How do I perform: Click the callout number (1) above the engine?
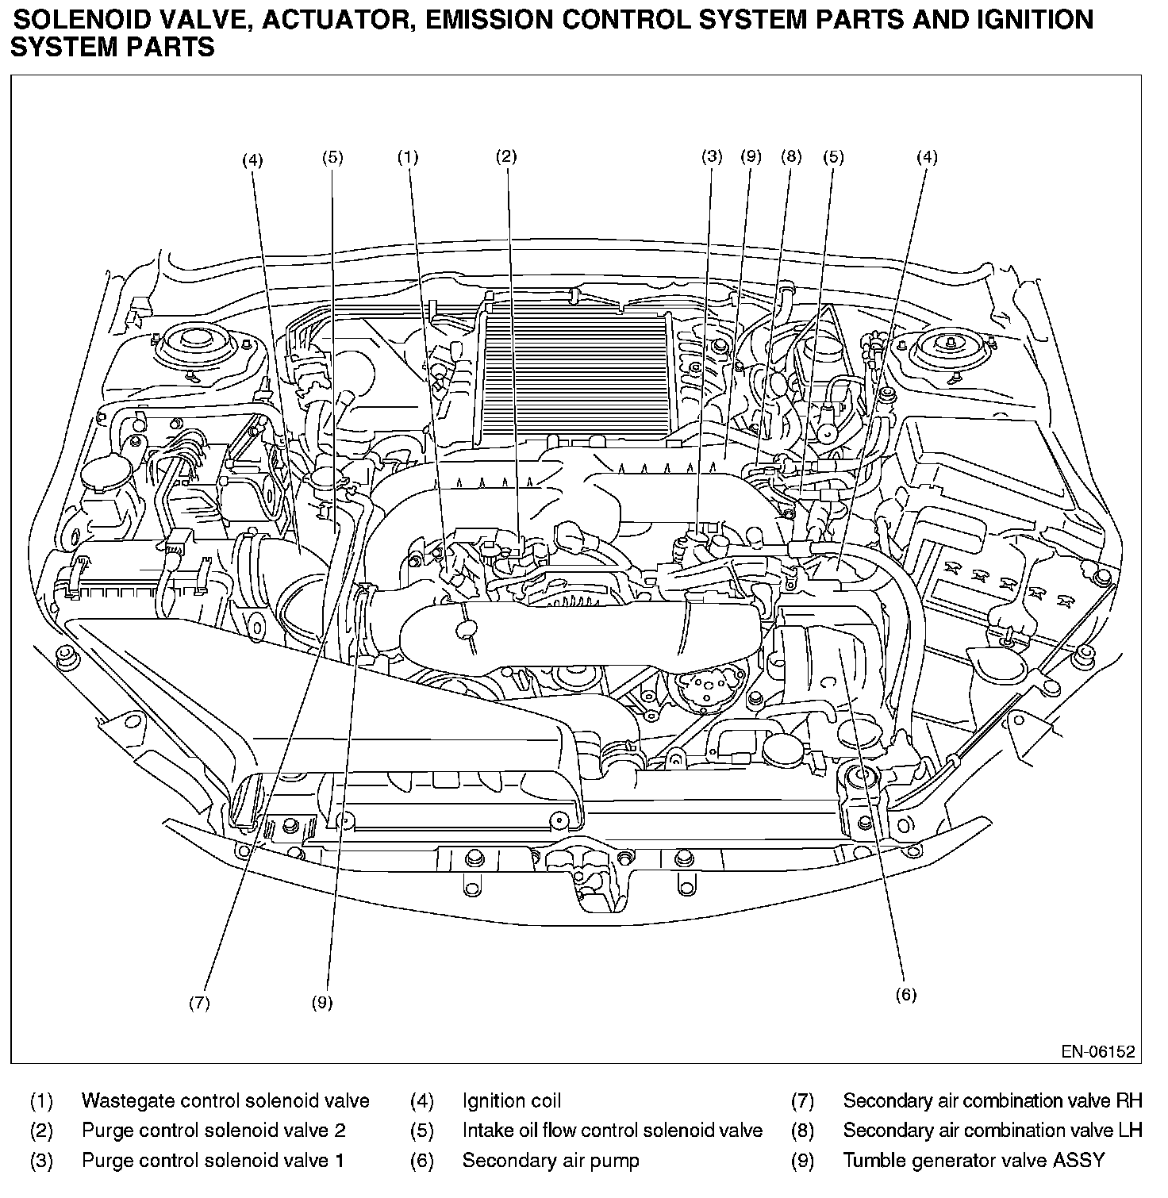click(407, 157)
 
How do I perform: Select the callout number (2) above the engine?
click(506, 156)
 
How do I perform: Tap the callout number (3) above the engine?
click(712, 156)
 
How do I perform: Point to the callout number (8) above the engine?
click(791, 156)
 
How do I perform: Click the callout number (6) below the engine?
click(905, 994)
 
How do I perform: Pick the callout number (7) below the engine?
click(199, 1003)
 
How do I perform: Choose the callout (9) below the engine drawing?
click(321, 1003)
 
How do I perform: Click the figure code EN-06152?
click(1098, 1052)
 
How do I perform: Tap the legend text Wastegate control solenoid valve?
click(225, 1101)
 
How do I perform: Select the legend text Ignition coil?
click(511, 1101)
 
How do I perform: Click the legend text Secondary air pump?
click(551, 1162)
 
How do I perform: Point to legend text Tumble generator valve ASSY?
click(974, 1162)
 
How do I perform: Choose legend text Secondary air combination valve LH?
click(993, 1131)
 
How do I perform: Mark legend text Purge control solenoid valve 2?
click(213, 1131)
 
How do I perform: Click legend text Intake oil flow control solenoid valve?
click(613, 1131)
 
